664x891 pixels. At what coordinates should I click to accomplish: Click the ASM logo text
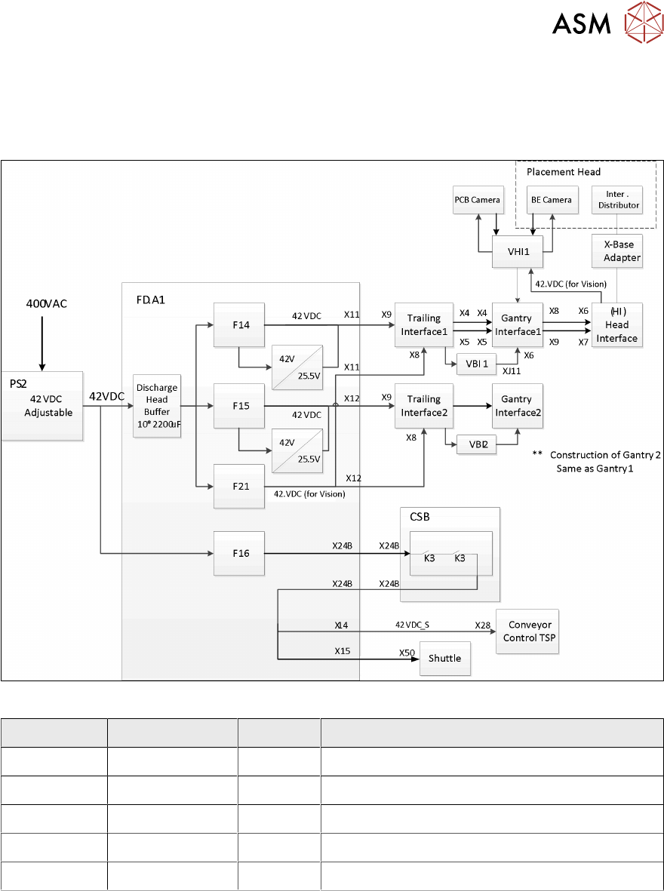point(582,24)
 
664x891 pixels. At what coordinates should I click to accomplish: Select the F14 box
point(238,324)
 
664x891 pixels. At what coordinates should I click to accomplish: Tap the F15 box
point(238,406)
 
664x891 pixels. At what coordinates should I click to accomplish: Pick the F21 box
point(238,486)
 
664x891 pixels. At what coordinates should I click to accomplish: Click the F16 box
point(238,554)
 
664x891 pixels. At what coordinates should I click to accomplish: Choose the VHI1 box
point(517,252)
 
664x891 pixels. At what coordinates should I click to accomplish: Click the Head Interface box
point(616,325)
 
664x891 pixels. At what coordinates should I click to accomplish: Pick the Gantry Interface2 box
point(517,406)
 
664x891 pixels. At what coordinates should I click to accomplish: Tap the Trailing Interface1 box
point(423,325)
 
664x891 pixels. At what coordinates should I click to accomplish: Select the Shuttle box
point(444,658)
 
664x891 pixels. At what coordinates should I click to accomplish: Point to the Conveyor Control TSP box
point(527,631)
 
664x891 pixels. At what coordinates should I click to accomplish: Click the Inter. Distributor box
point(616,200)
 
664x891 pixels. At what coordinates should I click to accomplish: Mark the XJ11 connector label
point(512,371)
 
